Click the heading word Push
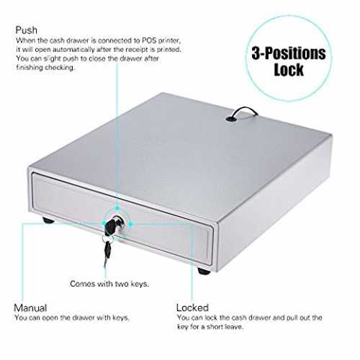(27, 30)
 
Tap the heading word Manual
(30, 307)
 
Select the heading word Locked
(192, 307)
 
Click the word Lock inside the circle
(289, 70)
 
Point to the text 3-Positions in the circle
(289, 53)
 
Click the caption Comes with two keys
(109, 284)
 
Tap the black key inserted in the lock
(110, 225)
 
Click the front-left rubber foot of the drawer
(48, 220)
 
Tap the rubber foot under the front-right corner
(204, 271)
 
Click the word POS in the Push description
(149, 40)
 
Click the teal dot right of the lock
(131, 225)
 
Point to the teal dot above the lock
(117, 208)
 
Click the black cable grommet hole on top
(229, 118)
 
